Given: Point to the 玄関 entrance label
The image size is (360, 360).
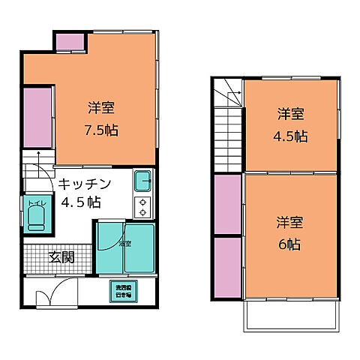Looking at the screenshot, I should point(61,257).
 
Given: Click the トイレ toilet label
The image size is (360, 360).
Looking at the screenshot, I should point(36,202).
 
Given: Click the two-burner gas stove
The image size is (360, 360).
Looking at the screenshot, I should point(143,206).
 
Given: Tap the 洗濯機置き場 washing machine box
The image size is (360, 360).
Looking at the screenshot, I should point(122,290).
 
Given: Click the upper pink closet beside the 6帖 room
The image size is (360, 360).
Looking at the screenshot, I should point(227,204).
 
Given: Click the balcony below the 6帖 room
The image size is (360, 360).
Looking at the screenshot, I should point(291,319).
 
